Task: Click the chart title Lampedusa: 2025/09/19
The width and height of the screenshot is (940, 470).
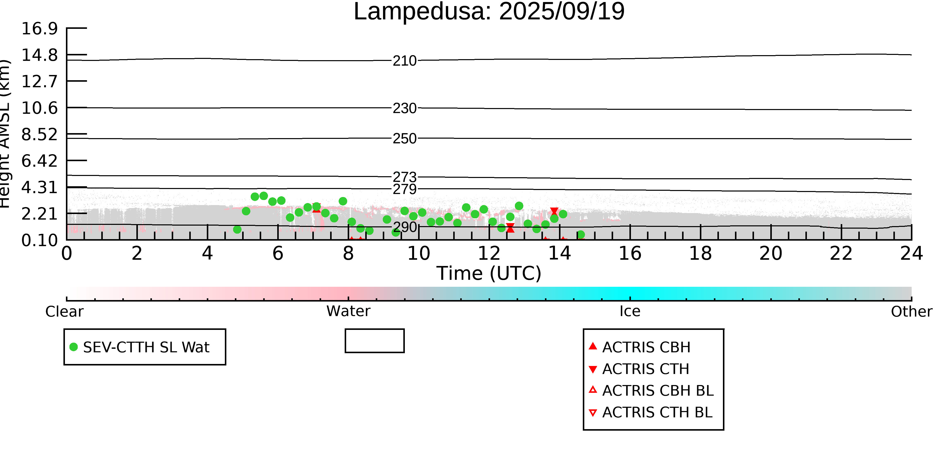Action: pyautogui.click(x=489, y=12)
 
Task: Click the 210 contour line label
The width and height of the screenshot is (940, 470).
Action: pyautogui.click(x=404, y=61)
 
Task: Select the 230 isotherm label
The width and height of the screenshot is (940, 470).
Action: pyautogui.click(x=404, y=108)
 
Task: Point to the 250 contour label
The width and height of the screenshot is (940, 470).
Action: pyautogui.click(x=404, y=139)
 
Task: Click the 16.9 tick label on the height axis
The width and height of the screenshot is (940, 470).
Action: pyautogui.click(x=39, y=29)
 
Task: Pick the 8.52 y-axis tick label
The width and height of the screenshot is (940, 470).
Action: pyautogui.click(x=39, y=134)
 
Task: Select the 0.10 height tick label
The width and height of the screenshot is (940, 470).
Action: pyautogui.click(x=39, y=240)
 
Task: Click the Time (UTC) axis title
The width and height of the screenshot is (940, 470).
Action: pyautogui.click(x=489, y=273)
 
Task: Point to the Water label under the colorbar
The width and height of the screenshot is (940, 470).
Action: pyautogui.click(x=348, y=311)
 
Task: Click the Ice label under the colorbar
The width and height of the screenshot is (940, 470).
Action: pyautogui.click(x=630, y=311)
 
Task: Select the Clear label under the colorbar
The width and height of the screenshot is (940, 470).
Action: pyautogui.click(x=64, y=312)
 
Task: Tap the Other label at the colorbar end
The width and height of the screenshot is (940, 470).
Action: pyautogui.click(x=911, y=312)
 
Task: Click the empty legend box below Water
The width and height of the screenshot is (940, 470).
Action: pyautogui.click(x=374, y=341)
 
